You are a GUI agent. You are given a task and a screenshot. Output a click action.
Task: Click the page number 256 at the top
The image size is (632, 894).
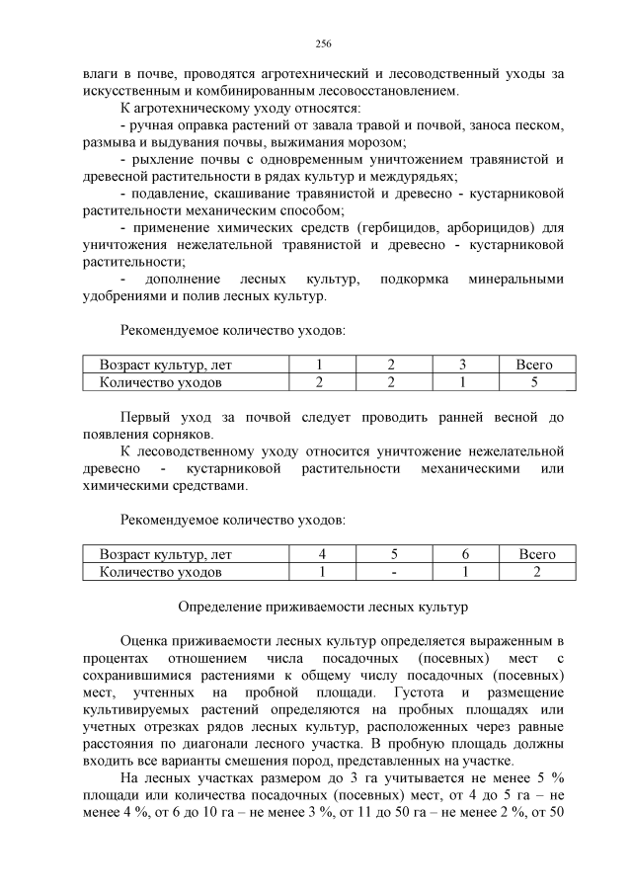tap(322, 43)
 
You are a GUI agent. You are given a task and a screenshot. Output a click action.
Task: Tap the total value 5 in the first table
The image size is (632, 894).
tap(534, 381)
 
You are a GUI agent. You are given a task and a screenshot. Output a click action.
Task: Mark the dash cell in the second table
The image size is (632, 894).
tap(392, 572)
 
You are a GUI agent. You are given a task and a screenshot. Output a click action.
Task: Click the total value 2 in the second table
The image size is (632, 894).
tap(536, 572)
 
